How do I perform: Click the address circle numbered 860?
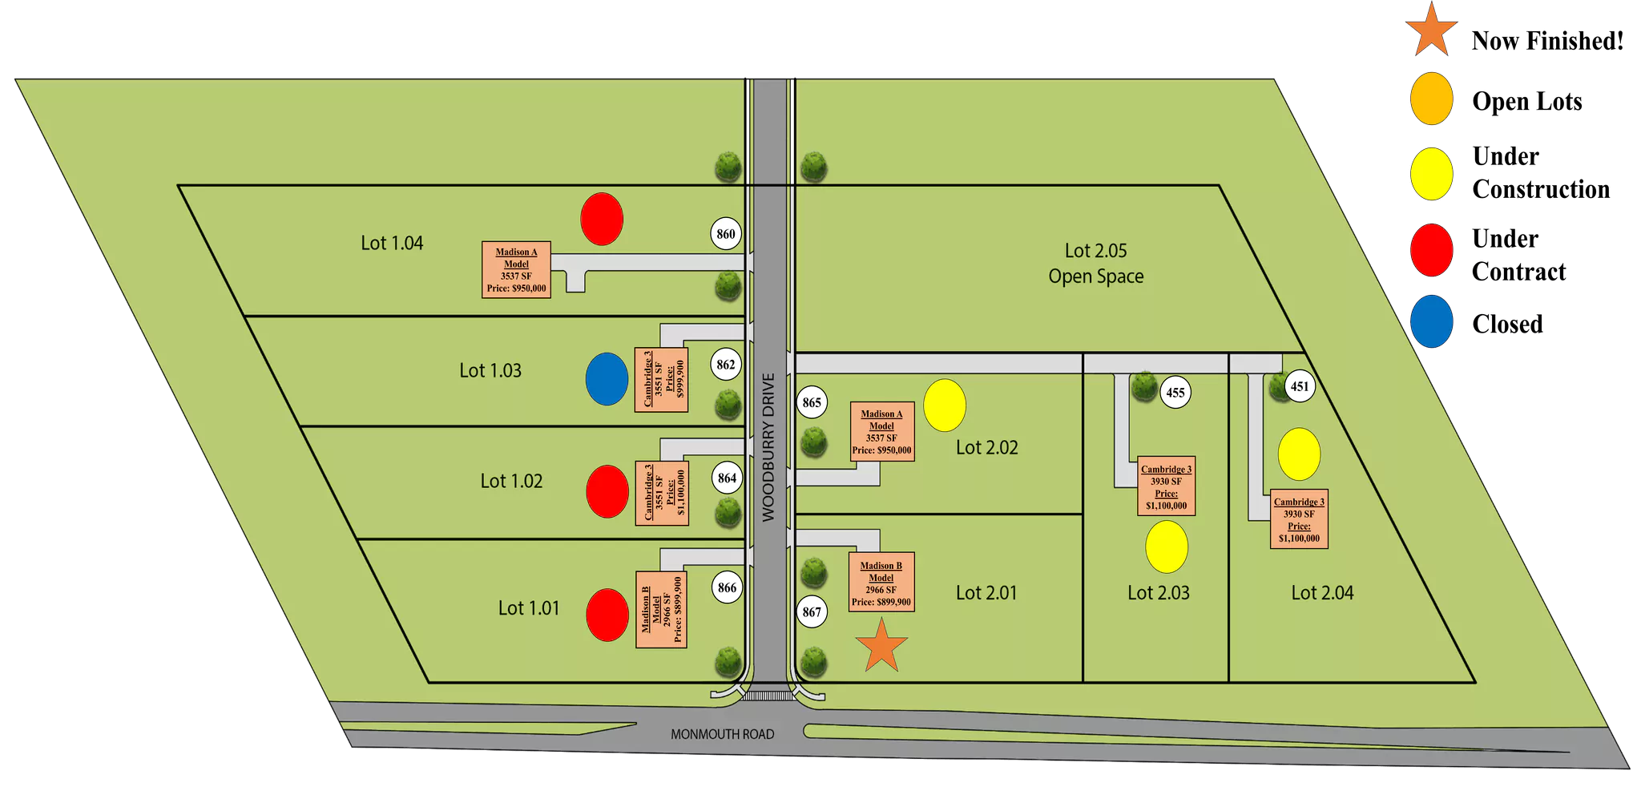[726, 234]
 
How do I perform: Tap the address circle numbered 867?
[812, 612]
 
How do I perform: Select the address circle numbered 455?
[1175, 393]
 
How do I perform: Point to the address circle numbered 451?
[1300, 386]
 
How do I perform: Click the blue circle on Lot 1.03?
[607, 379]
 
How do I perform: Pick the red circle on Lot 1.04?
[602, 219]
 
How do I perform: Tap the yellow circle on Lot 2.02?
[945, 405]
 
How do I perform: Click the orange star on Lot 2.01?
[881, 646]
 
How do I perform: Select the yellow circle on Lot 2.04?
[1299, 454]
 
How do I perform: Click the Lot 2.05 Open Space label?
[1095, 264]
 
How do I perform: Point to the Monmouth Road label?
[722, 734]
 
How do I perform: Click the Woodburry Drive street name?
[768, 447]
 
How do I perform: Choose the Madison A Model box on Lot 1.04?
[516, 270]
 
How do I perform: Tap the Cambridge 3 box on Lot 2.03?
[1167, 486]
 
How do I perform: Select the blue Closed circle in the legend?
[1432, 321]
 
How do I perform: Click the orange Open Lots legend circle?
[1432, 99]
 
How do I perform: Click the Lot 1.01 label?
[529, 608]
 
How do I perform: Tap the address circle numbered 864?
[727, 478]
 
